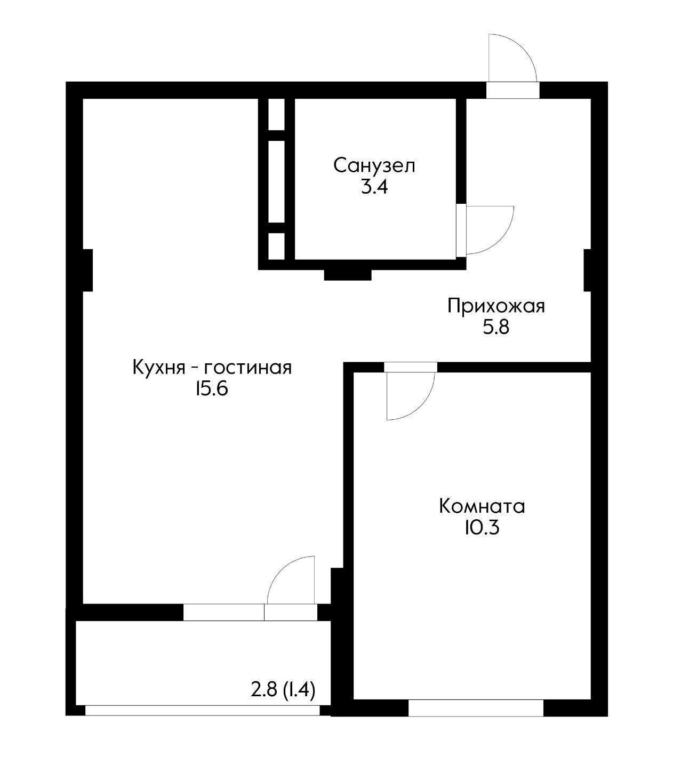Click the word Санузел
(x=374, y=165)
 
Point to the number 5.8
(x=496, y=327)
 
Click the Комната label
(x=482, y=506)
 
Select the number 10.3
(x=482, y=528)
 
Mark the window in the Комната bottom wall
(x=476, y=707)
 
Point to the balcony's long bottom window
(x=203, y=710)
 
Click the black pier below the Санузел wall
(x=348, y=275)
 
